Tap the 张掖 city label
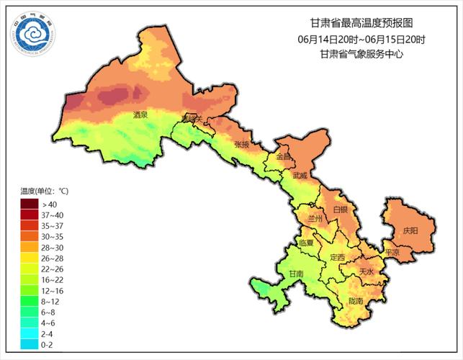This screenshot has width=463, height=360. pos(242,144)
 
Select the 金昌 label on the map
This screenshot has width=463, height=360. pos(284,156)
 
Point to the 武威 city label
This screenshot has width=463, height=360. pos(300,175)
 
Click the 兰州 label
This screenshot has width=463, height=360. pos(315,217)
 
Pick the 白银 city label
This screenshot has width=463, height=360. pos(341,210)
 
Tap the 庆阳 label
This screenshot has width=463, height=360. pos(410,231)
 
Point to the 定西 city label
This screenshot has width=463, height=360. pos(337,257)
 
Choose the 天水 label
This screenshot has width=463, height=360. pos(367,272)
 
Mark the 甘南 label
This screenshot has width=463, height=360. pos(296,274)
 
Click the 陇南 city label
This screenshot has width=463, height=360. pos(355,300)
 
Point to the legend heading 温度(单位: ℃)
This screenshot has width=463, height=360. pos(45,191)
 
